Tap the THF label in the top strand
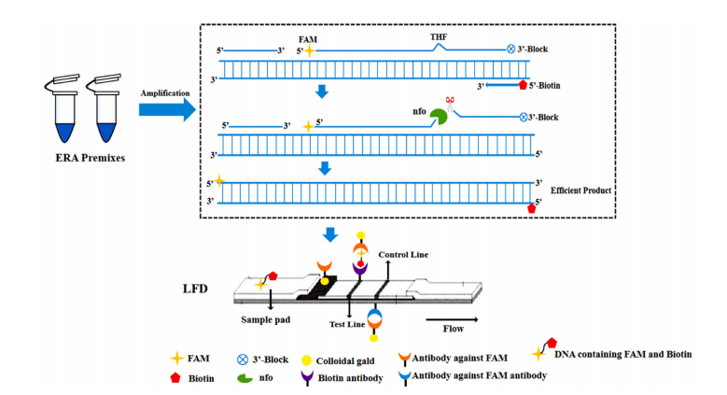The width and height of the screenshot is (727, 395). click(440, 37)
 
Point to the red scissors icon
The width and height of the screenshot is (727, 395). click(449, 102)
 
